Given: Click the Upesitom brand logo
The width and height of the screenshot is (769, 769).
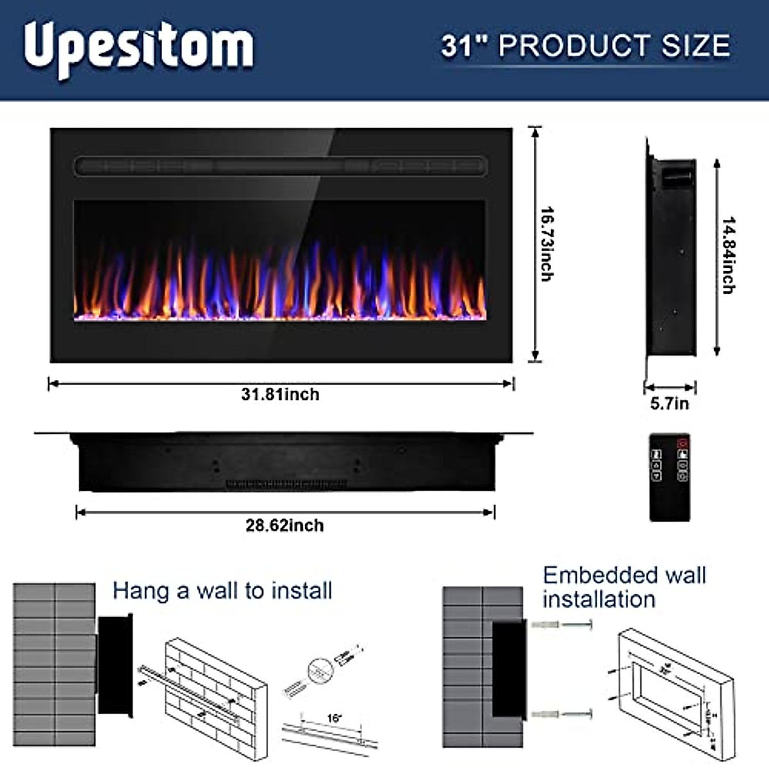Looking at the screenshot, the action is (x=138, y=47).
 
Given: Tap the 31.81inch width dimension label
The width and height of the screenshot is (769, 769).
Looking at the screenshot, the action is (x=280, y=394).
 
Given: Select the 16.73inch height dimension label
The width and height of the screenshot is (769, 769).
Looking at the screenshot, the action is (x=547, y=244).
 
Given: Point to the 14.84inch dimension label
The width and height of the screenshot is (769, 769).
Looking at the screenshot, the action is (x=728, y=255).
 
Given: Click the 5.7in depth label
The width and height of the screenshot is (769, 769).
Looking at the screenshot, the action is (x=670, y=404).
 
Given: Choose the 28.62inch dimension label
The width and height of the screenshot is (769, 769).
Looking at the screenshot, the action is (x=285, y=525).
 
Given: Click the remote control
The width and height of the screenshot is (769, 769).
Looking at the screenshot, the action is (x=670, y=477).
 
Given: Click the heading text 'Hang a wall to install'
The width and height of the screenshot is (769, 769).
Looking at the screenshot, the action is (x=222, y=590).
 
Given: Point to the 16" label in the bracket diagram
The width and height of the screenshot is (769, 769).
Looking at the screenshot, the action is (x=334, y=718).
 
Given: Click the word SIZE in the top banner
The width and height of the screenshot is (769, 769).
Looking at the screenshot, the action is (x=697, y=45).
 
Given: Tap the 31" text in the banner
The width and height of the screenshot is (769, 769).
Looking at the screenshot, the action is (x=465, y=45).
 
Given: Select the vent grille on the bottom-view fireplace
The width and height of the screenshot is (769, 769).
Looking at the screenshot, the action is (x=286, y=483).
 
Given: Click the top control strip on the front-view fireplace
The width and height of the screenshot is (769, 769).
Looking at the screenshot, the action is (x=281, y=167).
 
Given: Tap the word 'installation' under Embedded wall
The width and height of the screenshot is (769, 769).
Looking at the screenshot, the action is (x=599, y=600).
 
